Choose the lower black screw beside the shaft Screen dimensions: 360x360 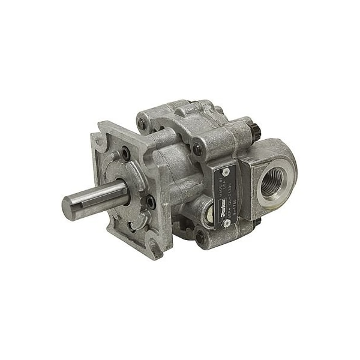(151, 203)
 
